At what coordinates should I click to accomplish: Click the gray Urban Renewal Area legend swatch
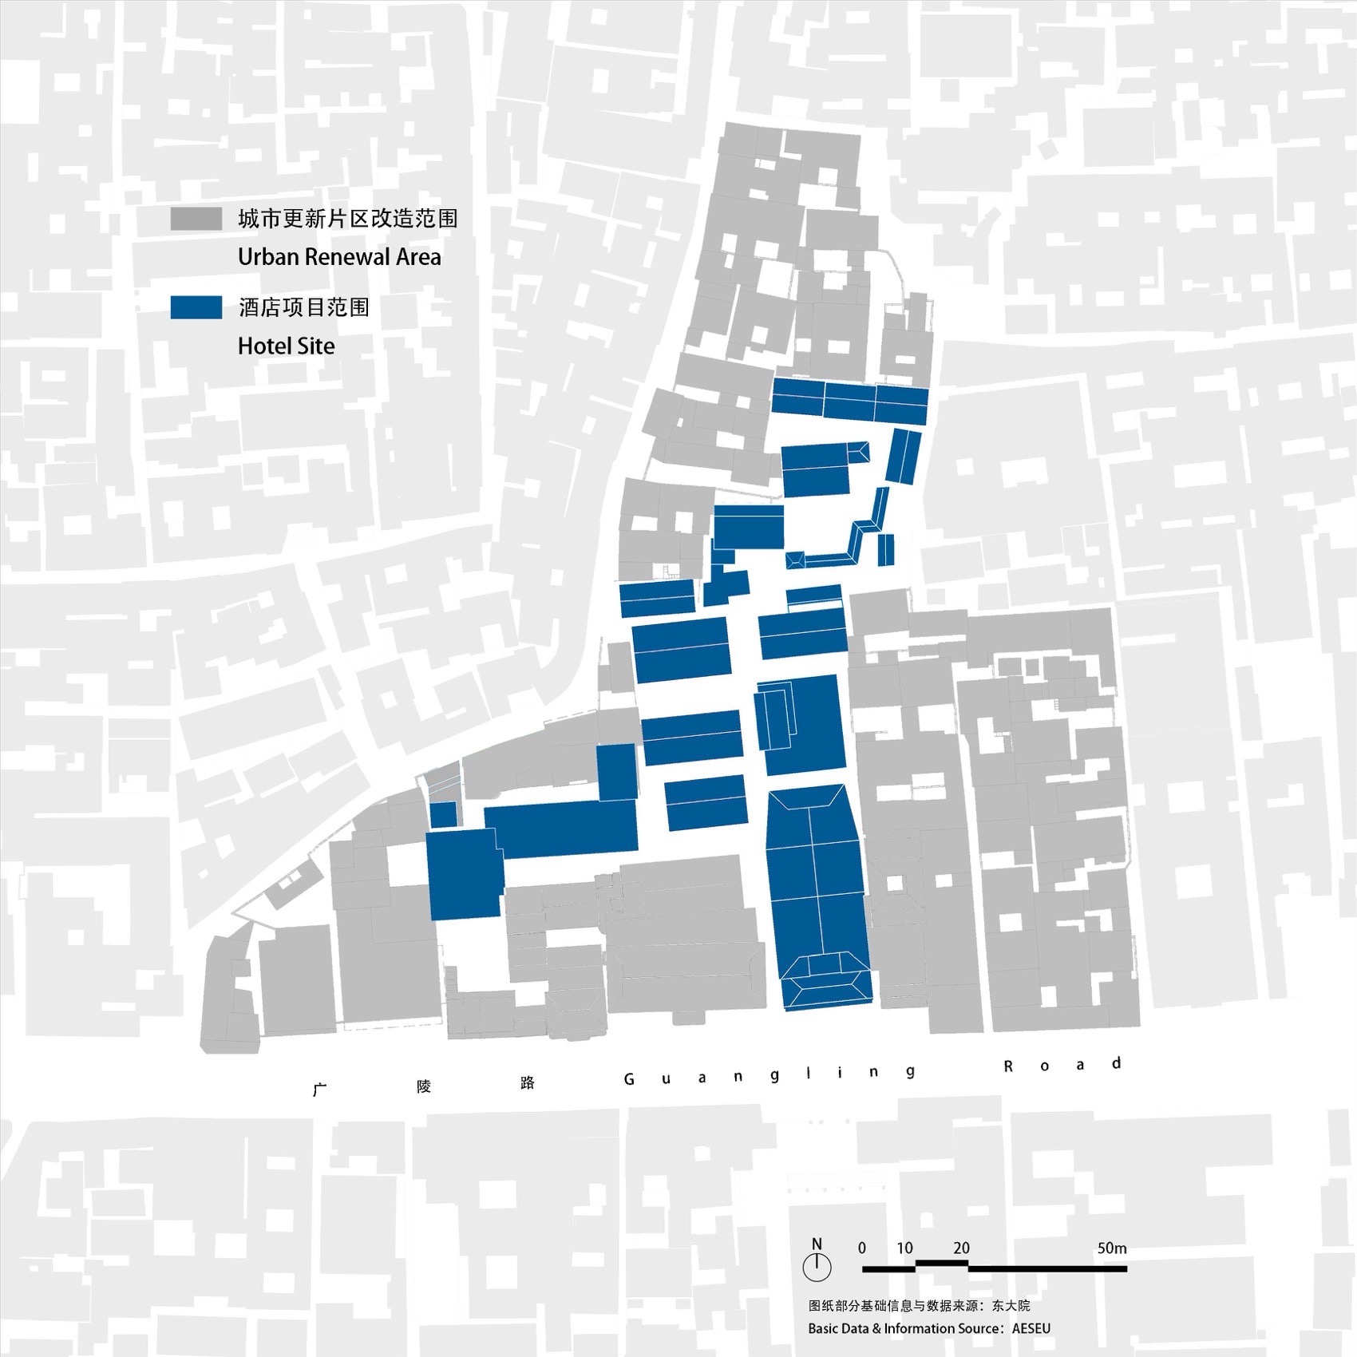(x=196, y=220)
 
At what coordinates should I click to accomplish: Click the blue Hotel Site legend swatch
(x=196, y=307)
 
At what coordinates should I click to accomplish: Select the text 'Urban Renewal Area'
(x=339, y=257)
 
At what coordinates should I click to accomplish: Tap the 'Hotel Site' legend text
(x=286, y=346)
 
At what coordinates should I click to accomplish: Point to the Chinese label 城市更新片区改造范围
(x=347, y=219)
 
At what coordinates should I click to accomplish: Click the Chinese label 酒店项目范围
(x=303, y=307)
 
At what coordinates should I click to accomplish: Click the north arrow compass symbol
(x=817, y=1267)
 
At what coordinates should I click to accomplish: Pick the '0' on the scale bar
(x=862, y=1248)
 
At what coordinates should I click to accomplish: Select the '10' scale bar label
(x=904, y=1248)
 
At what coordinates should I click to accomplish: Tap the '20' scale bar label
(x=961, y=1248)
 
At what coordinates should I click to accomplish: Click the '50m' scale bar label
(x=1111, y=1248)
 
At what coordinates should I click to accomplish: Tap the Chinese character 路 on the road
(x=527, y=1083)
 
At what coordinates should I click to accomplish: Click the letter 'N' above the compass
(x=817, y=1244)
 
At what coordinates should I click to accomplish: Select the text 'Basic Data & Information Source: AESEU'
(x=928, y=1328)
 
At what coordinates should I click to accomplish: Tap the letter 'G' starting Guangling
(x=629, y=1079)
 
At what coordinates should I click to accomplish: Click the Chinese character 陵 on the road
(x=424, y=1086)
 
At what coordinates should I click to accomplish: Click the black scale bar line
(x=994, y=1267)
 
